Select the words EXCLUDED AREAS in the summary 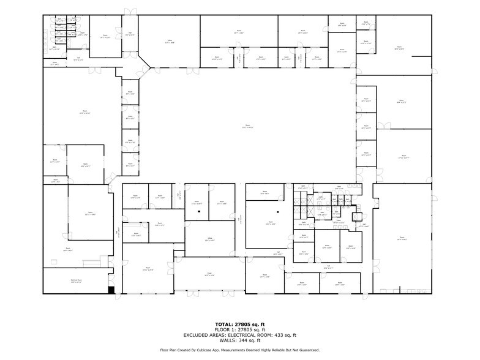[x=209, y=335]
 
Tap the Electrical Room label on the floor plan [x=76, y=281]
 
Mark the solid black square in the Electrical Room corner [x=111, y=290]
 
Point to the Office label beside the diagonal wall [x=170, y=41]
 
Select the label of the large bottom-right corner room [x=402, y=238]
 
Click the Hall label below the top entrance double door [x=130, y=34]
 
